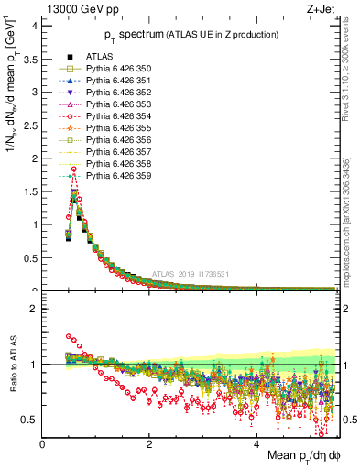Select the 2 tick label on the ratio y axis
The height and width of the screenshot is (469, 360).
coord(33,309)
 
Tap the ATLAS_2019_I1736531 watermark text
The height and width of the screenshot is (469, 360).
coord(193,274)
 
